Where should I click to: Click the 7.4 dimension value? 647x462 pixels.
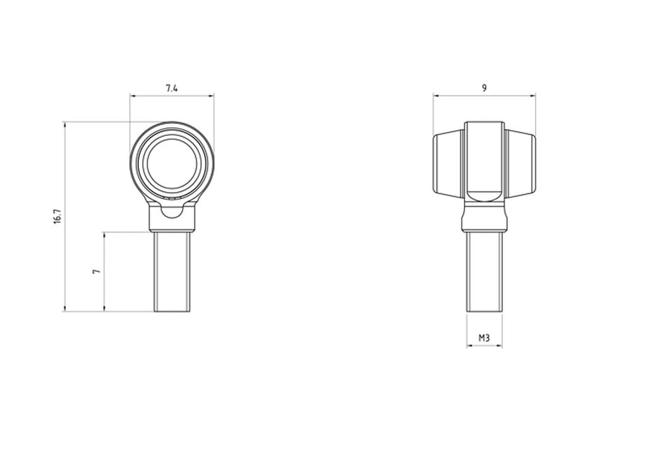pos(171,88)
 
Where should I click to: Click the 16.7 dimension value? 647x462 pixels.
pos(57,216)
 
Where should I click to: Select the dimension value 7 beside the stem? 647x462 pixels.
pos(96,271)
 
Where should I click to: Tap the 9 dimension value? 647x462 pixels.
pos(484,88)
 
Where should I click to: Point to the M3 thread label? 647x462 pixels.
pos(484,338)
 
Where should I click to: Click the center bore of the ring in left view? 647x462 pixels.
pos(172,163)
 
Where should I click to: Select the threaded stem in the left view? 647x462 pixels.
pos(172,272)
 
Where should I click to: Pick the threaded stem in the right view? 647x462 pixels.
pos(485,272)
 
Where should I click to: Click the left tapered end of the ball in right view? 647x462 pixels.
pos(449,163)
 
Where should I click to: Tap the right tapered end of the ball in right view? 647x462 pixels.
pos(521,163)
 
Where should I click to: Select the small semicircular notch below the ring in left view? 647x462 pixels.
pos(172,211)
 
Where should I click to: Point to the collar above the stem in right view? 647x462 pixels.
pos(485,218)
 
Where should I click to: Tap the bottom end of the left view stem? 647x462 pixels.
pos(172,310)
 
